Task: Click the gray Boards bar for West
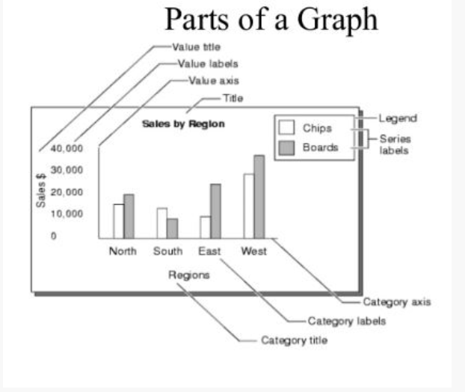(x=259, y=197)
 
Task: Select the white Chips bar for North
(x=119, y=221)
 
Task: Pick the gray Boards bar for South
(x=172, y=228)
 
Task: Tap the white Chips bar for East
(x=206, y=227)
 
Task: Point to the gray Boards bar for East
(x=215, y=211)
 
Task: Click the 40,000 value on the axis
(x=67, y=148)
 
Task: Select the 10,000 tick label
(x=67, y=214)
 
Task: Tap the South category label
(x=168, y=251)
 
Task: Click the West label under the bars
(x=254, y=251)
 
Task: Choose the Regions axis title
(x=189, y=275)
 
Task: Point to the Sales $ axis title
(x=41, y=190)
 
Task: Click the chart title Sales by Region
(x=183, y=123)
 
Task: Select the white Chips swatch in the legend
(x=286, y=127)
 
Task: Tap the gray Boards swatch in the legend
(x=286, y=148)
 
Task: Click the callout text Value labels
(x=208, y=64)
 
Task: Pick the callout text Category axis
(x=397, y=302)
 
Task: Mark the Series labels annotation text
(x=395, y=144)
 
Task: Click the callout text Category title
(x=295, y=340)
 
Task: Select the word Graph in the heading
(x=337, y=20)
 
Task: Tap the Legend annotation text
(x=398, y=118)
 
